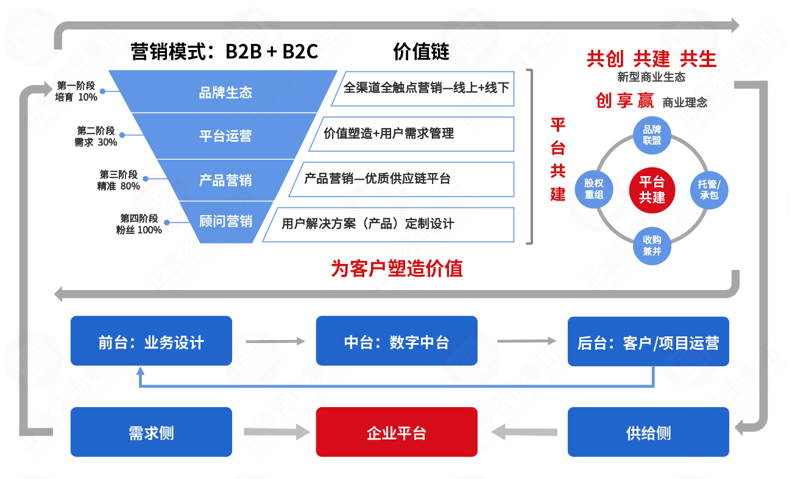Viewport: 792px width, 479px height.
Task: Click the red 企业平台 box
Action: pos(396,432)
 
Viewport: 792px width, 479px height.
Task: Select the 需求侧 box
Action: pos(151,432)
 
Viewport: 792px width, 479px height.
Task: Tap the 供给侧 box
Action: pos(648,432)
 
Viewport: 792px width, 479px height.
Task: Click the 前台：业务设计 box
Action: pos(151,341)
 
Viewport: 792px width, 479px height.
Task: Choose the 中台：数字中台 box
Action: pos(396,341)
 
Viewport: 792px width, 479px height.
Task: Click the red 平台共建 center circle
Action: pos(652,190)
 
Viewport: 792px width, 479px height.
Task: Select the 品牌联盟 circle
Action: pos(652,135)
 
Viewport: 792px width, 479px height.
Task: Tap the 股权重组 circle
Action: pos(593,189)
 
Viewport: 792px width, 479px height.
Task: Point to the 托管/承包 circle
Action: pos(709,190)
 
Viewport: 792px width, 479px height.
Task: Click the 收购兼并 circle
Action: pos(652,244)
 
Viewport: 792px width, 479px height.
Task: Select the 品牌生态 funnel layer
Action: pos(225,93)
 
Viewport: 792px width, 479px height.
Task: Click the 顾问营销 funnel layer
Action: pos(225,221)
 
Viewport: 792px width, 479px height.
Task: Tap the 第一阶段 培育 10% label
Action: pos(76,91)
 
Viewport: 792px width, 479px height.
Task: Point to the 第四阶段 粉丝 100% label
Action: pos(139,224)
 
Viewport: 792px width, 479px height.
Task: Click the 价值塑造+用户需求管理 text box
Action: pos(411,134)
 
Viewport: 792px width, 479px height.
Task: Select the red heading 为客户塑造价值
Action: pos(397,268)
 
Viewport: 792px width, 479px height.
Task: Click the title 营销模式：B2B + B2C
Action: pos(225,52)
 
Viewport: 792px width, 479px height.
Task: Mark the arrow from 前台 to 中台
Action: pos(274,341)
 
